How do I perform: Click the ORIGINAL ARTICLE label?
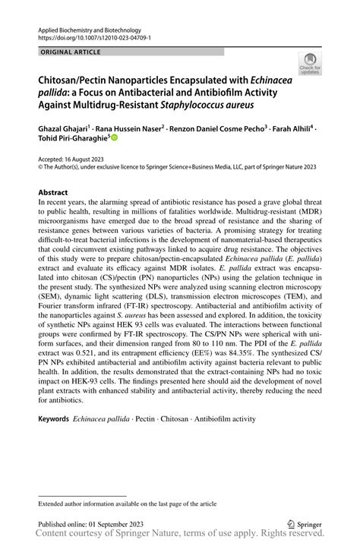[66, 52]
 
